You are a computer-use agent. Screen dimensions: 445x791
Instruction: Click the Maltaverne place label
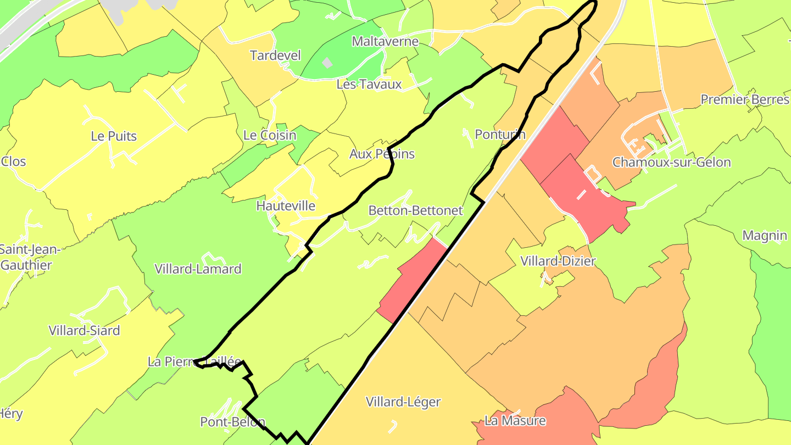click(x=385, y=41)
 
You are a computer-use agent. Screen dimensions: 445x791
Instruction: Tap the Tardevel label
click(x=275, y=55)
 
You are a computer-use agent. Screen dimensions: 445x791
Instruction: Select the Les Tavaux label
click(x=369, y=84)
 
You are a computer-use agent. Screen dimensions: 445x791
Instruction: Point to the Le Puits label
click(x=114, y=136)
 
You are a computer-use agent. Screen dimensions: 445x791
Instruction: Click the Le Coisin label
click(x=270, y=135)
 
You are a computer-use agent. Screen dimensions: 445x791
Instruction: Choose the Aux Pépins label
click(x=382, y=154)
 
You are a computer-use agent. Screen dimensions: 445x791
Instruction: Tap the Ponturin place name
click(x=500, y=135)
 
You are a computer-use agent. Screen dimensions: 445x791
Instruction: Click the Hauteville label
click(x=286, y=206)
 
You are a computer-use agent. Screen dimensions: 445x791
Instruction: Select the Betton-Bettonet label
click(x=415, y=210)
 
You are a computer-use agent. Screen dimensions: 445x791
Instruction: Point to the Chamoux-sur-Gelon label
click(x=671, y=162)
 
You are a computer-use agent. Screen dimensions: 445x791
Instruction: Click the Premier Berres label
click(x=745, y=99)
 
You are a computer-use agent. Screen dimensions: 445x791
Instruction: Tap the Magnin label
click(x=765, y=236)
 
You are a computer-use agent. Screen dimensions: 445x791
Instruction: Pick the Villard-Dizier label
click(x=558, y=261)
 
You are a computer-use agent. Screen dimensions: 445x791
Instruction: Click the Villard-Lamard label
click(x=198, y=269)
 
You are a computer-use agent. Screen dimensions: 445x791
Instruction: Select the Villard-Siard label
click(x=84, y=331)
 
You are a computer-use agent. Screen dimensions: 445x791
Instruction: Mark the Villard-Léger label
click(x=403, y=402)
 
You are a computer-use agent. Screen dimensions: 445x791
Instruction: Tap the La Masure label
click(x=515, y=421)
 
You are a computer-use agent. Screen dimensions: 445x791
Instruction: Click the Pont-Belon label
click(x=232, y=422)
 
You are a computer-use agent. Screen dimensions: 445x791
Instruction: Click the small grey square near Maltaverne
click(x=327, y=63)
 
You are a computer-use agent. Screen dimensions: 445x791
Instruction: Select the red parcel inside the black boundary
click(x=412, y=280)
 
